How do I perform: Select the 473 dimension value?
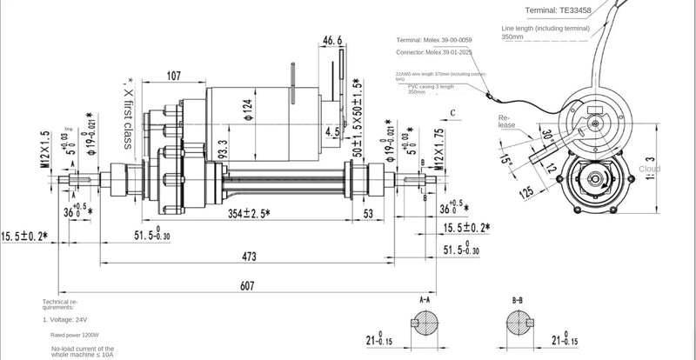tap(250, 256)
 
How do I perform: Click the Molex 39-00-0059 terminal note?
tap(434, 40)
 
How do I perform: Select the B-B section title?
tap(518, 300)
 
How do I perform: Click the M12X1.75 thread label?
tap(439, 149)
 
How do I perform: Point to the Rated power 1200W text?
tap(75, 335)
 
